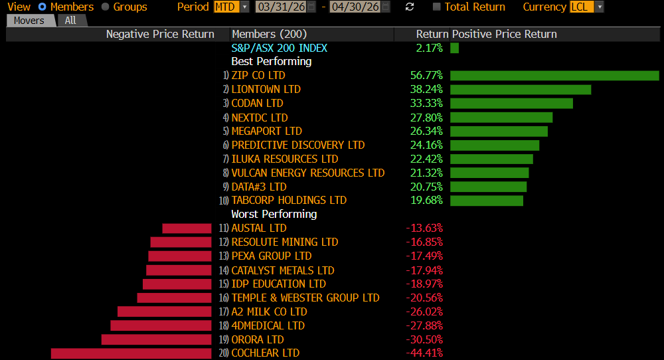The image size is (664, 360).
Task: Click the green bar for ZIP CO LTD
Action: pyautogui.click(x=554, y=76)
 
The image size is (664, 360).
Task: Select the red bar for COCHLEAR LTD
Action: pyautogui.click(x=131, y=353)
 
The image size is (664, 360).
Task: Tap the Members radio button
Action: pyautogui.click(x=42, y=7)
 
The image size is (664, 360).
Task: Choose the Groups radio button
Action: pyautogui.click(x=106, y=7)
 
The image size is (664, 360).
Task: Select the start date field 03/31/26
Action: pyautogui.click(x=282, y=7)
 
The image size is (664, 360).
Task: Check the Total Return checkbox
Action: pyautogui.click(x=436, y=7)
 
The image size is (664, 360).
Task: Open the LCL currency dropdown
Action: pyautogui.click(x=587, y=7)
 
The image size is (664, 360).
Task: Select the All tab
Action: pyautogui.click(x=70, y=21)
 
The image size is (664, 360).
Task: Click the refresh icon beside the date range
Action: pyautogui.click(x=410, y=7)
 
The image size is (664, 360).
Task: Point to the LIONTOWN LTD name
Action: pyautogui.click(x=266, y=90)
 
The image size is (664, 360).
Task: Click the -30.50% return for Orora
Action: pyautogui.click(x=424, y=339)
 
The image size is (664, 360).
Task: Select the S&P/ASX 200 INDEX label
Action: pyautogui.click(x=279, y=48)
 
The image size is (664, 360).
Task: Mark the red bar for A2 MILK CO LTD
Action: pyautogui.click(x=164, y=312)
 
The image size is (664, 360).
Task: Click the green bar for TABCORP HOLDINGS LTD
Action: pyautogui.click(x=487, y=201)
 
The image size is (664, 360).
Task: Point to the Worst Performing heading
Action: pyautogui.click(x=274, y=215)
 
